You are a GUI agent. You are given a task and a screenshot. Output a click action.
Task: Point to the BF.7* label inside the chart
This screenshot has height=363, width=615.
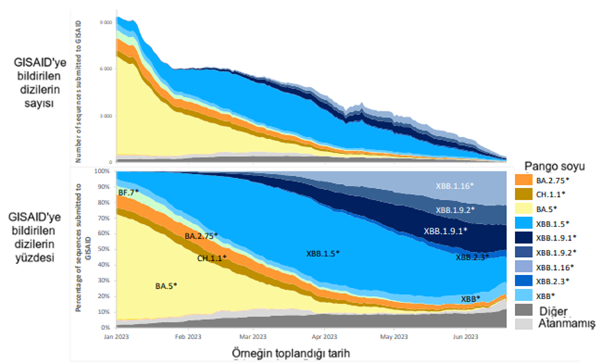[x=128, y=192]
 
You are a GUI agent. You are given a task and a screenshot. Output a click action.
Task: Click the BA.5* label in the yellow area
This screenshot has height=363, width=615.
[x=166, y=286]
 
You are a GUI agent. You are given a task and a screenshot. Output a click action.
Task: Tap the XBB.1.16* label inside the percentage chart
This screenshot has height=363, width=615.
[x=455, y=186]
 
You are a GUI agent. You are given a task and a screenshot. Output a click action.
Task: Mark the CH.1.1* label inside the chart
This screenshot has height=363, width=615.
[x=212, y=258]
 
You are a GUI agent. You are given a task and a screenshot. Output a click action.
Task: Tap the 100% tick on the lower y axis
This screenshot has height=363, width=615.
[x=103, y=171]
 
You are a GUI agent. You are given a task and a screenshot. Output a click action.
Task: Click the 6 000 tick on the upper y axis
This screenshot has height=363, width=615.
[x=104, y=68]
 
